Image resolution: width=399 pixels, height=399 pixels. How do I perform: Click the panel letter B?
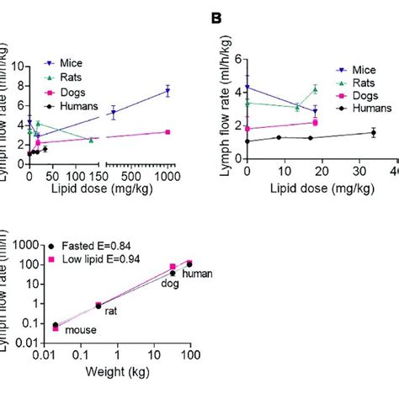(216, 17)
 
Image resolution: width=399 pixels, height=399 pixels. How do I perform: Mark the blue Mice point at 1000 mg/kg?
(168, 91)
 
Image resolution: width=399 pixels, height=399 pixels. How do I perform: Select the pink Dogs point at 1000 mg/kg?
(168, 132)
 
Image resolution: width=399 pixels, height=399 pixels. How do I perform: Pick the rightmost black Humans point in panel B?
(373, 132)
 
